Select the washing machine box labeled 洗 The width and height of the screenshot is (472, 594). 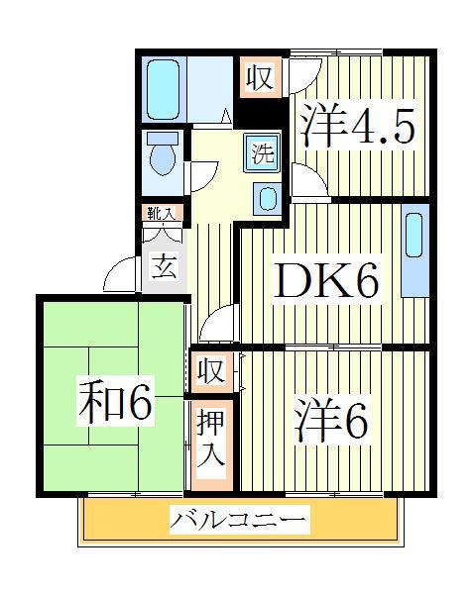point(263,152)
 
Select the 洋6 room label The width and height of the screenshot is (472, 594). point(330,420)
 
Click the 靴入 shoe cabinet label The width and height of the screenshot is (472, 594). point(162,214)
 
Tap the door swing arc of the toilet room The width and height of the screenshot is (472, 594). point(202,173)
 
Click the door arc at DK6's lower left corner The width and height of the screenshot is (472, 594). point(217,323)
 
